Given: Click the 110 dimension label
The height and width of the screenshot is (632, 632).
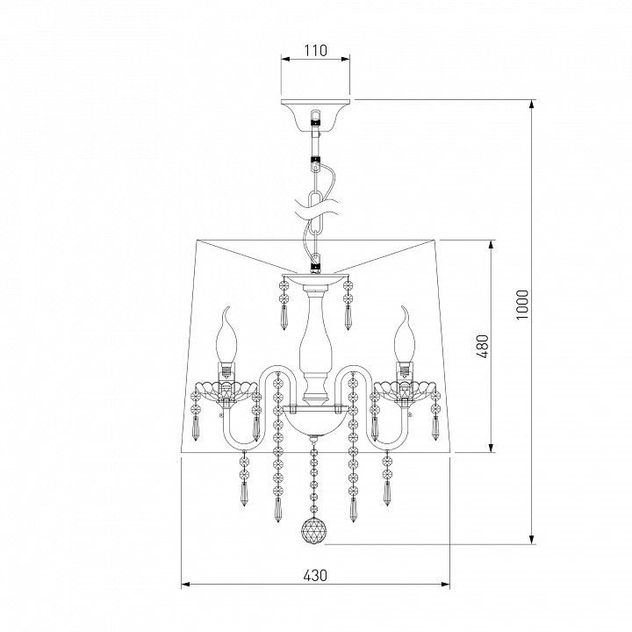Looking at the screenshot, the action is (316, 51).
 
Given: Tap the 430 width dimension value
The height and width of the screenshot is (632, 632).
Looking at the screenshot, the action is (315, 575).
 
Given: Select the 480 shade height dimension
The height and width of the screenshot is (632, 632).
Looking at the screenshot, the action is (483, 346).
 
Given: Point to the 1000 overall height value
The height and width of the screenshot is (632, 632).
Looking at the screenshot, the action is (522, 305).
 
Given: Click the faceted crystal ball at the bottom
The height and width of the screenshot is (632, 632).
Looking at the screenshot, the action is (314, 530).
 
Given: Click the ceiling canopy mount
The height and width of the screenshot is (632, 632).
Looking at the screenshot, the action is (316, 115).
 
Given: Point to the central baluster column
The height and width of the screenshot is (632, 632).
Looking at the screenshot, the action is (315, 347).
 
